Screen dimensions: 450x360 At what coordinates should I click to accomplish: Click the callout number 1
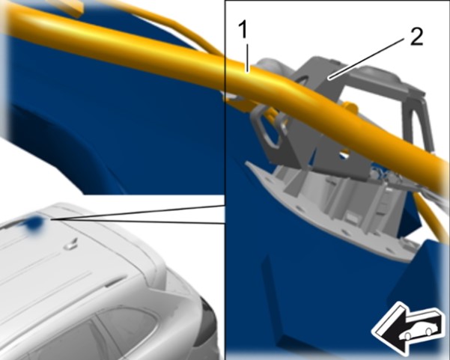pos(243,30)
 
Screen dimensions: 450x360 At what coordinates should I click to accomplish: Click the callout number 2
pos(416,37)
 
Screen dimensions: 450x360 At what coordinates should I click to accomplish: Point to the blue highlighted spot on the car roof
pos(34,222)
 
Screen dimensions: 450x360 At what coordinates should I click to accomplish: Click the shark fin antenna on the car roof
pos(70,243)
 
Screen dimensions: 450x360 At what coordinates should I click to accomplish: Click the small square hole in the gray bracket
pos(344,153)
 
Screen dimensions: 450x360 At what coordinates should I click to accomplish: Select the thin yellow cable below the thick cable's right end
pos(431,215)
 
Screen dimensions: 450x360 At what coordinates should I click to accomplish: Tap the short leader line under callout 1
pos(247,58)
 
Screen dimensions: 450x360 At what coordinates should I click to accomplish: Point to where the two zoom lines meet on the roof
pos(51,219)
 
